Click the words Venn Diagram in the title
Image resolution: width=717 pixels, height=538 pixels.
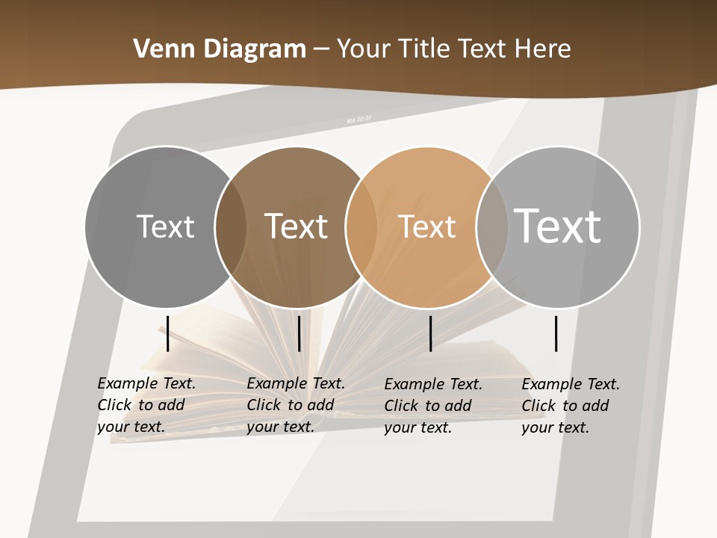coord(220,49)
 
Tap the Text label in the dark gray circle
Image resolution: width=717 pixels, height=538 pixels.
coord(165,226)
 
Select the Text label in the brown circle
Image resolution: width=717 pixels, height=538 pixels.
coord(297,226)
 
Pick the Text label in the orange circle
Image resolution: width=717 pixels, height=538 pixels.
coord(426,226)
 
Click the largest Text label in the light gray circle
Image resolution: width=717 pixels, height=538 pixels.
coord(558,226)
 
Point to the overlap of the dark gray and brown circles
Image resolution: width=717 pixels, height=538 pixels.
coord(231,226)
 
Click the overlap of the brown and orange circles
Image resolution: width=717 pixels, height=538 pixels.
coord(361,226)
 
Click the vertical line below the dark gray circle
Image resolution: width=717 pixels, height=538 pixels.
coord(167,333)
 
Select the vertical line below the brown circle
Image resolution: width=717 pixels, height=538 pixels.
coord(299,333)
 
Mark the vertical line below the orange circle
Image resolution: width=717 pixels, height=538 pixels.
coord(430,333)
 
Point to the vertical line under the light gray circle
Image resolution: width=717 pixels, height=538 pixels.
coord(556,333)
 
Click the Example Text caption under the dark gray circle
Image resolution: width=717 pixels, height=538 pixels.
coord(146,405)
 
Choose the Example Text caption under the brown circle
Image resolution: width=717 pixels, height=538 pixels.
coord(296,405)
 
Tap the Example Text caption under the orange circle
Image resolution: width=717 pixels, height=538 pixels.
coord(433,406)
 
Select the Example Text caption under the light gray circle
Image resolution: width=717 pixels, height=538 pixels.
coord(571,406)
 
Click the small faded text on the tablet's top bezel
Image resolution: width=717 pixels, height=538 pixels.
coord(358,120)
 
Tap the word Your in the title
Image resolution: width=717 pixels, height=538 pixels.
coord(363,49)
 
